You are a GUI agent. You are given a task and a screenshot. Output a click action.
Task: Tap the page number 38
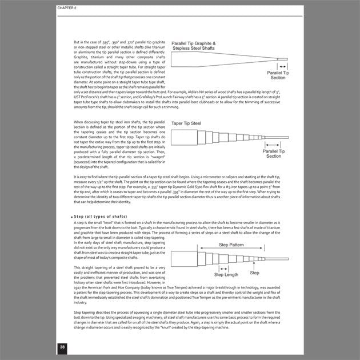click(x=62, y=347)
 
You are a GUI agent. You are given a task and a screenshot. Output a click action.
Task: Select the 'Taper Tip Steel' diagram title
click(x=186, y=123)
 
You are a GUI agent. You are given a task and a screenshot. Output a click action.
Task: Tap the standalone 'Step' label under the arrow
click(x=254, y=273)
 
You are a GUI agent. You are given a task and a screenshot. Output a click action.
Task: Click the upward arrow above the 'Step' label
click(x=253, y=266)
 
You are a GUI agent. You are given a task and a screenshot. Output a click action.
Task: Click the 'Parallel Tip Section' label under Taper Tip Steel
click(x=274, y=153)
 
